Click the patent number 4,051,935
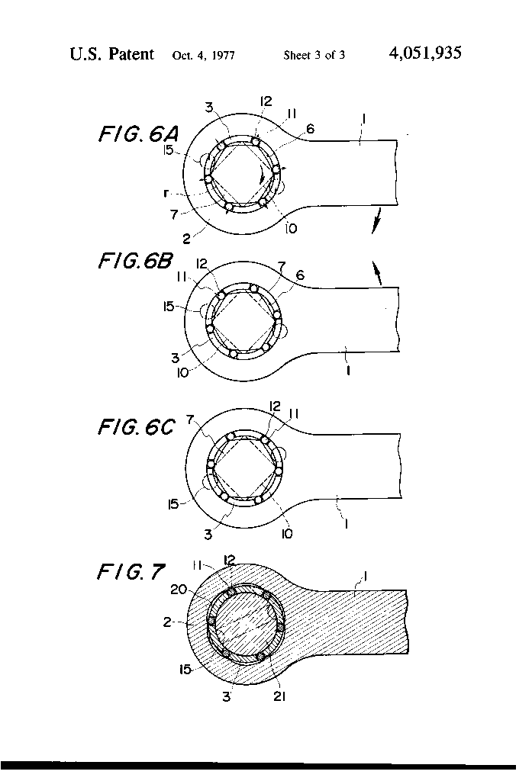pos(424,53)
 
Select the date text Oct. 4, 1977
pos(203,55)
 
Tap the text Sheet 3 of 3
pos(314,55)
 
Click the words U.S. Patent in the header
pos(111,54)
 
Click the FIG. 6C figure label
pos(136,427)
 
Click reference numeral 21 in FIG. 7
pos(279,696)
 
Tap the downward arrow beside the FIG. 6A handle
pos(374,223)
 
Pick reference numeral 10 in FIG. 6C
pos(286,534)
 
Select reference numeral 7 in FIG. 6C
pos(192,419)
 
